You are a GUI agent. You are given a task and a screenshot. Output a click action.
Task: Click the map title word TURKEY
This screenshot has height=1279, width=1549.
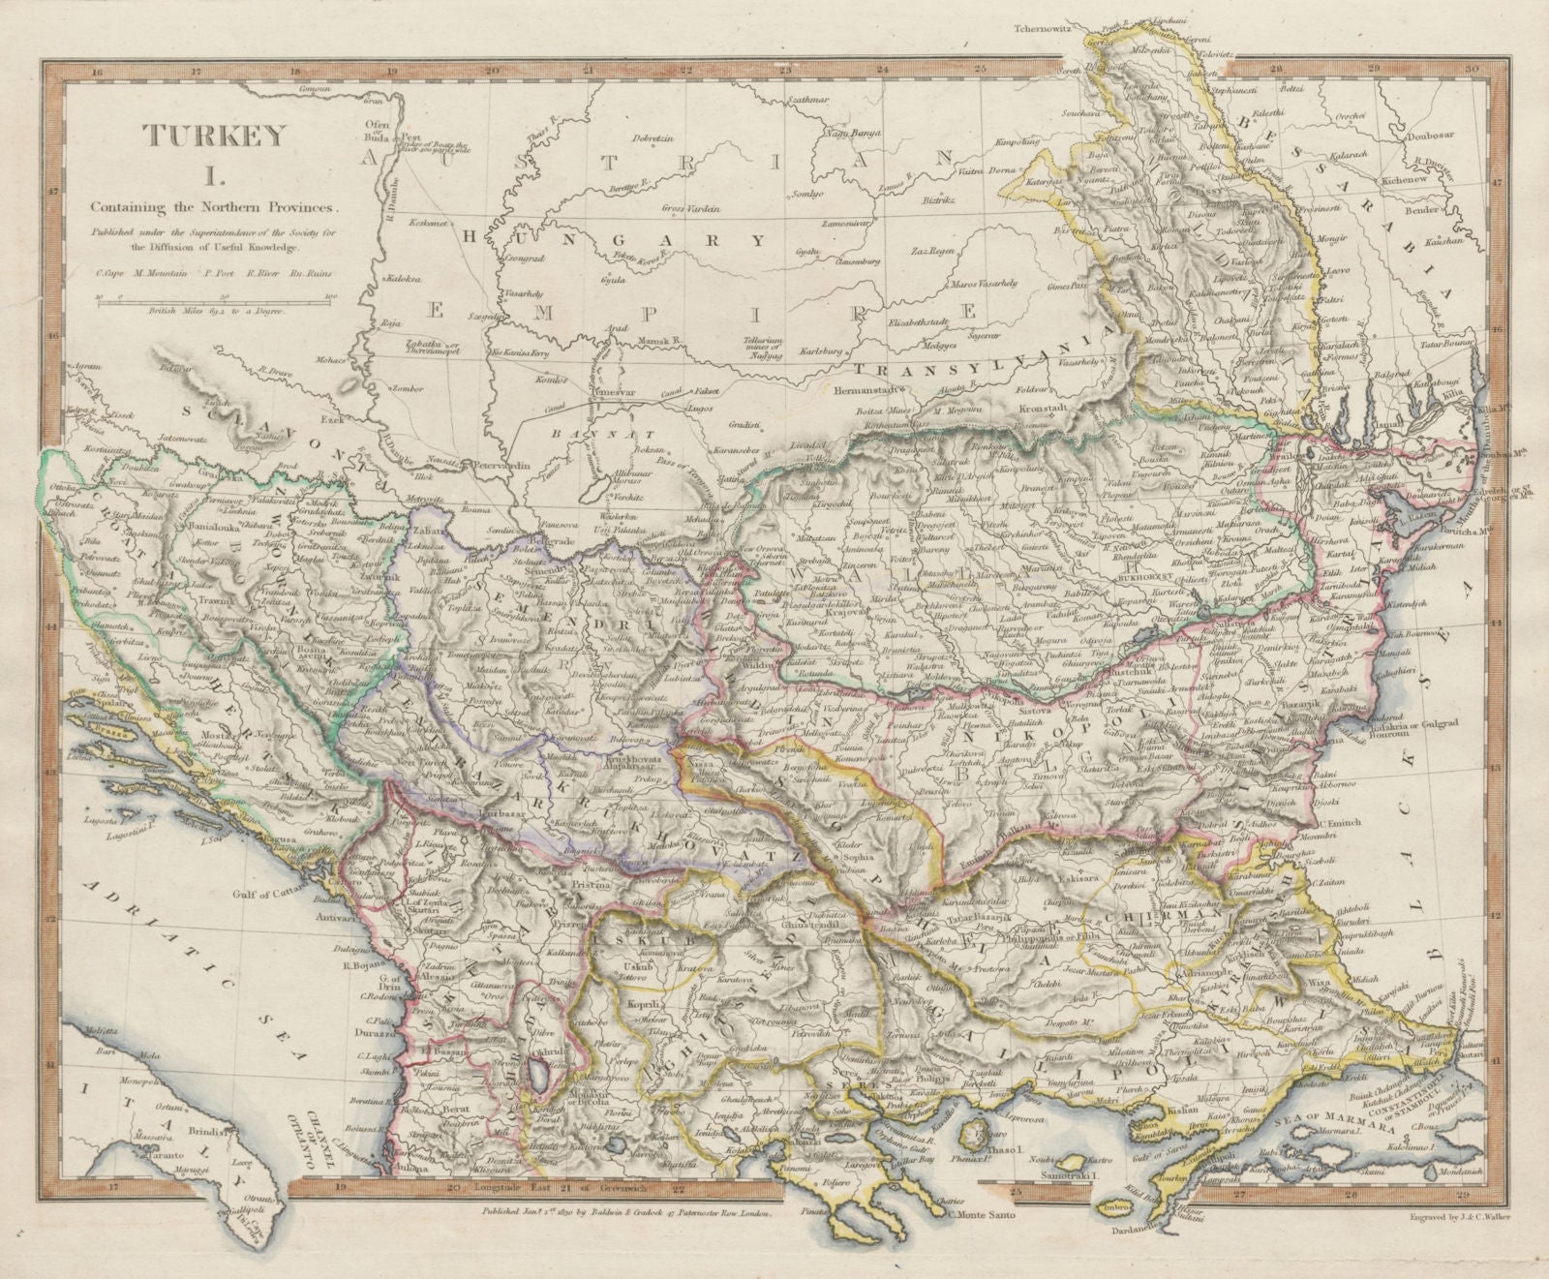click(x=216, y=136)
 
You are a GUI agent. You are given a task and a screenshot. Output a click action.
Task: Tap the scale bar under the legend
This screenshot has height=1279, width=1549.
click(x=215, y=299)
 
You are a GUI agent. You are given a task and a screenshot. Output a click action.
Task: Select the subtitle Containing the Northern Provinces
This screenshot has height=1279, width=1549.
click(x=215, y=206)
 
